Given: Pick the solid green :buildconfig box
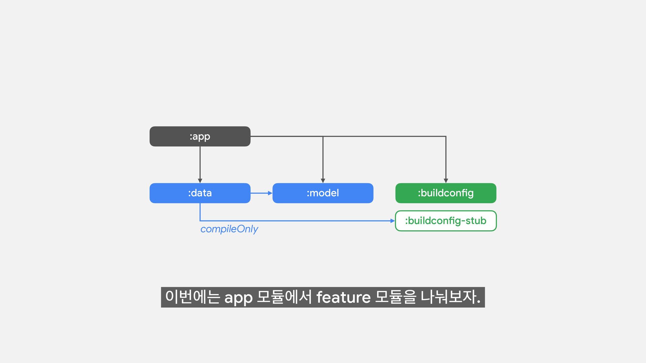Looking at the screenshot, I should pyautogui.click(x=445, y=193).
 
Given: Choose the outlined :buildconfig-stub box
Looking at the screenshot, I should pyautogui.click(x=445, y=221).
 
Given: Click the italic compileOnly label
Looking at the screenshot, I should pyautogui.click(x=229, y=229).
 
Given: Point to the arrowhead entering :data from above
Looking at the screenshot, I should pyautogui.click(x=200, y=181).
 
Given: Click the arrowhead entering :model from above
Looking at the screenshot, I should pyautogui.click(x=323, y=181).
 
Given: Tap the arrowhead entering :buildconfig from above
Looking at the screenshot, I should pyautogui.click(x=446, y=181).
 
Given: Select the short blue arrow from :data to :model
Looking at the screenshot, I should pyautogui.click(x=261, y=193).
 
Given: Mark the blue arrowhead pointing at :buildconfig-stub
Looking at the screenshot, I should pyautogui.click(x=392, y=221).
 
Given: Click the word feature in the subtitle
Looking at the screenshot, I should pyautogui.click(x=343, y=297).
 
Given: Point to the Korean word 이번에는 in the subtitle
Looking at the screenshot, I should pyautogui.click(x=192, y=297).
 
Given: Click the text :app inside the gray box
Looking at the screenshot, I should pyautogui.click(x=200, y=136).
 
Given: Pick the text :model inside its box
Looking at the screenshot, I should pyautogui.click(x=323, y=193).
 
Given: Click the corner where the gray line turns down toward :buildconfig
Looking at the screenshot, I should pyautogui.click(x=446, y=136).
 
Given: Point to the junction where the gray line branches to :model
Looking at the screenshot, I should pyautogui.click(x=323, y=136).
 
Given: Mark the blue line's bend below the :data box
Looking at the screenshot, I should pyautogui.click(x=200, y=221).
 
